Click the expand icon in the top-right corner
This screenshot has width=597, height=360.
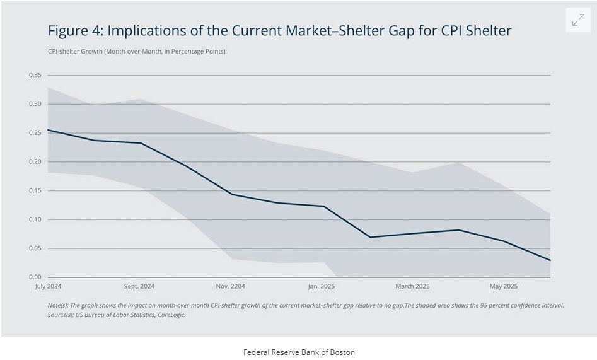(577, 20)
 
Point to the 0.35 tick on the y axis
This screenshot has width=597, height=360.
(35, 75)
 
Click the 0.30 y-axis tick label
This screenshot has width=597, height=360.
(35, 104)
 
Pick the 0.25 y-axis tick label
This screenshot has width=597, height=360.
(35, 133)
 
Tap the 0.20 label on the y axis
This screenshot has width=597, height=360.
(35, 162)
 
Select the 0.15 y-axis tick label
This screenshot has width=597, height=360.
(35, 190)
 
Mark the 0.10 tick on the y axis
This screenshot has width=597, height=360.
(35, 219)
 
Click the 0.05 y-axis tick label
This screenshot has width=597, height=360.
(35, 248)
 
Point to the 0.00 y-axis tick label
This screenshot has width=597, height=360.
(35, 277)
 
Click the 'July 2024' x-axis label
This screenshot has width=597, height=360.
(48, 286)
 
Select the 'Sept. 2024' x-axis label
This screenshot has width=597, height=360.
(139, 286)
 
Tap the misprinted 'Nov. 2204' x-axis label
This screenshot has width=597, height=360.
(229, 286)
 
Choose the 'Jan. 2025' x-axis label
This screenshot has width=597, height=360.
(321, 286)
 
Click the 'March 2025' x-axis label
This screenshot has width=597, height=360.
(412, 286)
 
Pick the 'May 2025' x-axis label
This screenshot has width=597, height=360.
(503, 286)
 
